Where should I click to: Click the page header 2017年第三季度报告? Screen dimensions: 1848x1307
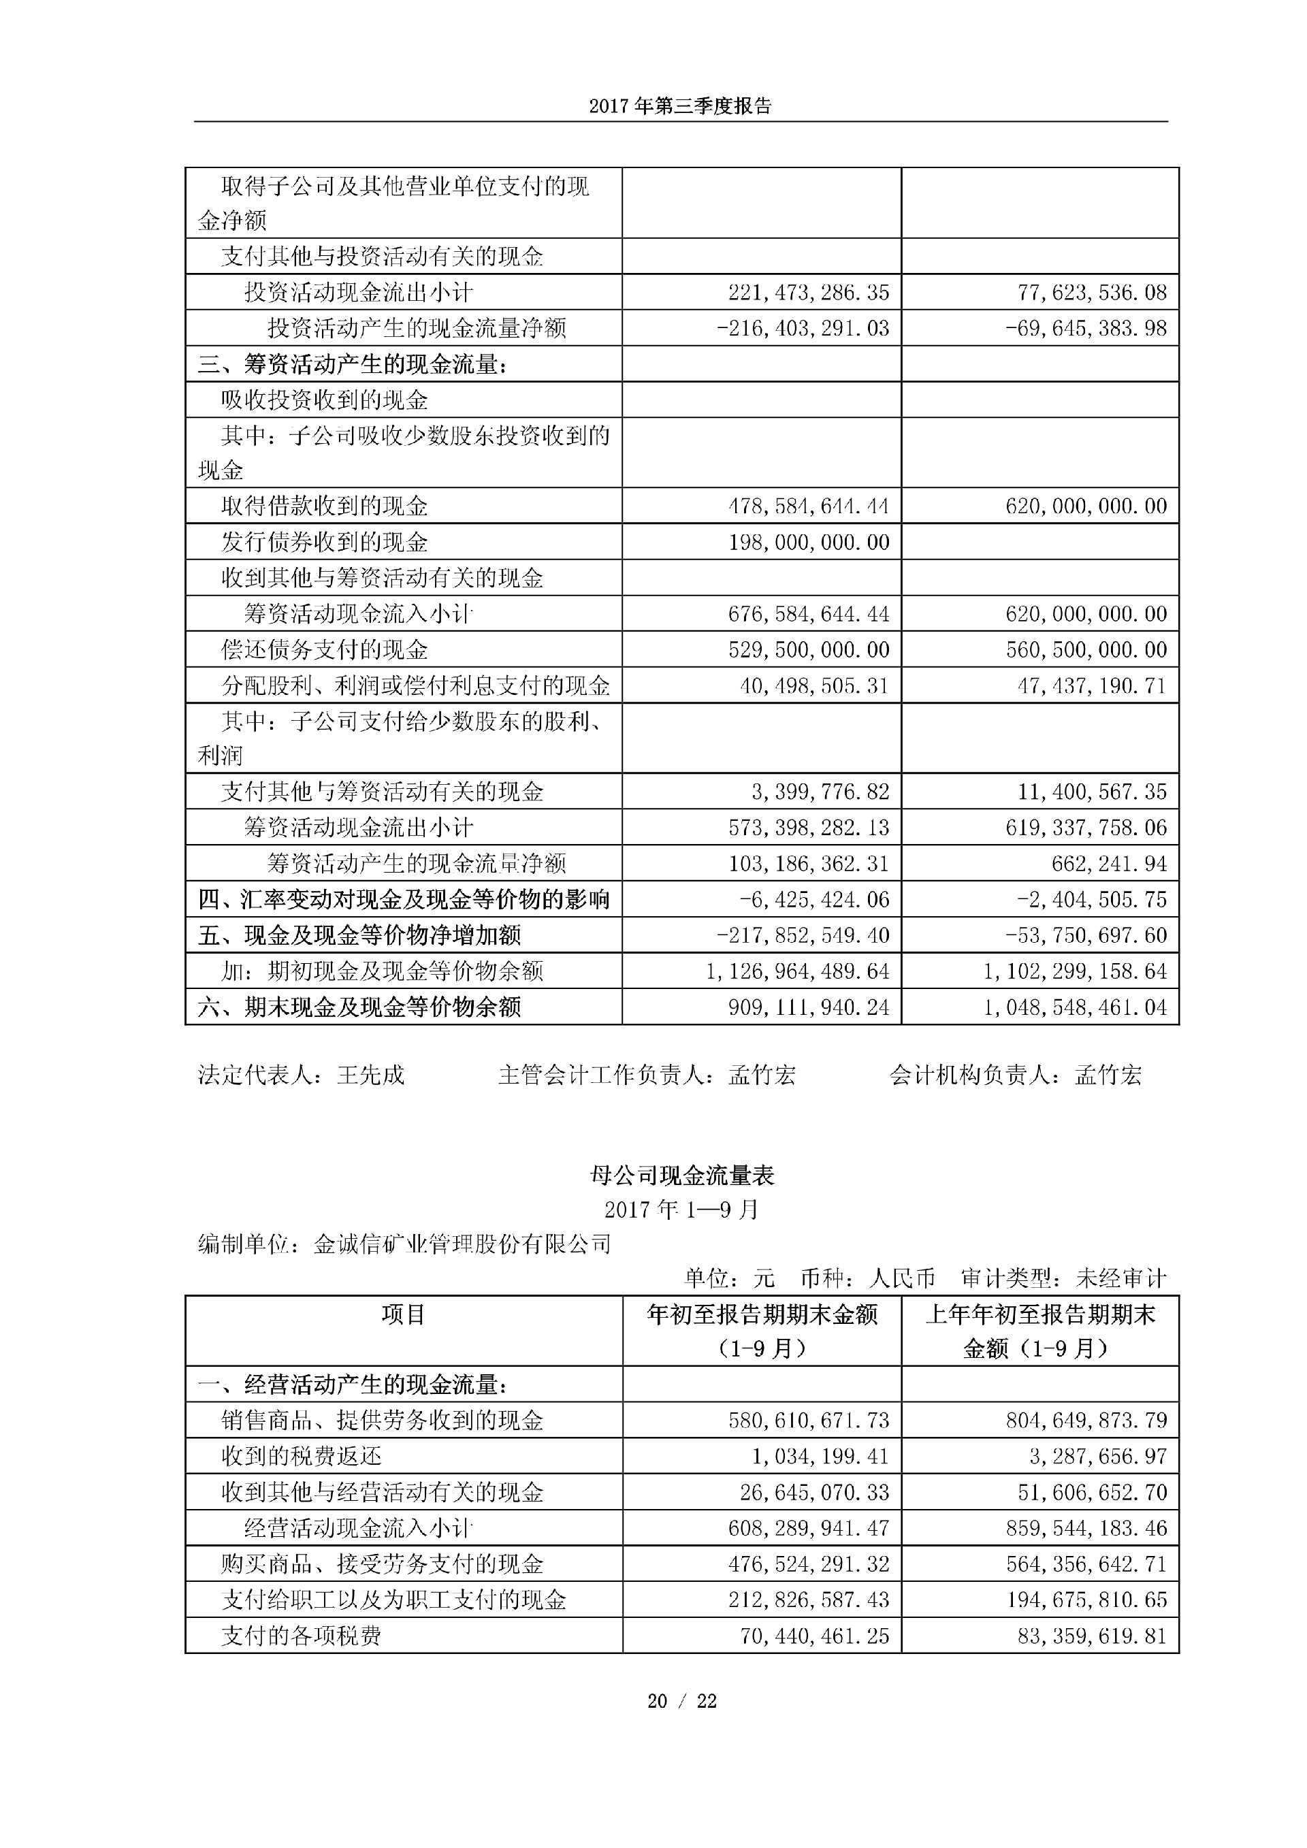click(680, 106)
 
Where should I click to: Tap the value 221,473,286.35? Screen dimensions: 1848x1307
click(809, 292)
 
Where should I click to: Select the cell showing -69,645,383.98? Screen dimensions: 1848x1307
click(1086, 328)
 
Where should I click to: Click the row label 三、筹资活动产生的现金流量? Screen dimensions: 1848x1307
click(353, 365)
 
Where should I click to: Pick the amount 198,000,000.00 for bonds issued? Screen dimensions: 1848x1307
click(809, 542)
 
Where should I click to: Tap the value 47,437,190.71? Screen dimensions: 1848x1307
click(1092, 685)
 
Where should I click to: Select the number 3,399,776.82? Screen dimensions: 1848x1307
click(820, 792)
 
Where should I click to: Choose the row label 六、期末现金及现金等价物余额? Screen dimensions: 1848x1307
click(359, 1007)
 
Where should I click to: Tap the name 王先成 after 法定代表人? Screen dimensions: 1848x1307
click(370, 1075)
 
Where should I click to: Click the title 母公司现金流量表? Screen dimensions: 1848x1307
click(681, 1176)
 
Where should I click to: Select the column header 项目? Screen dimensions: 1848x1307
click(403, 1314)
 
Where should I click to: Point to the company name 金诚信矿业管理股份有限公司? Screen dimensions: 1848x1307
click(462, 1244)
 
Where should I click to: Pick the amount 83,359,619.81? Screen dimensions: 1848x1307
click(1092, 1636)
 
